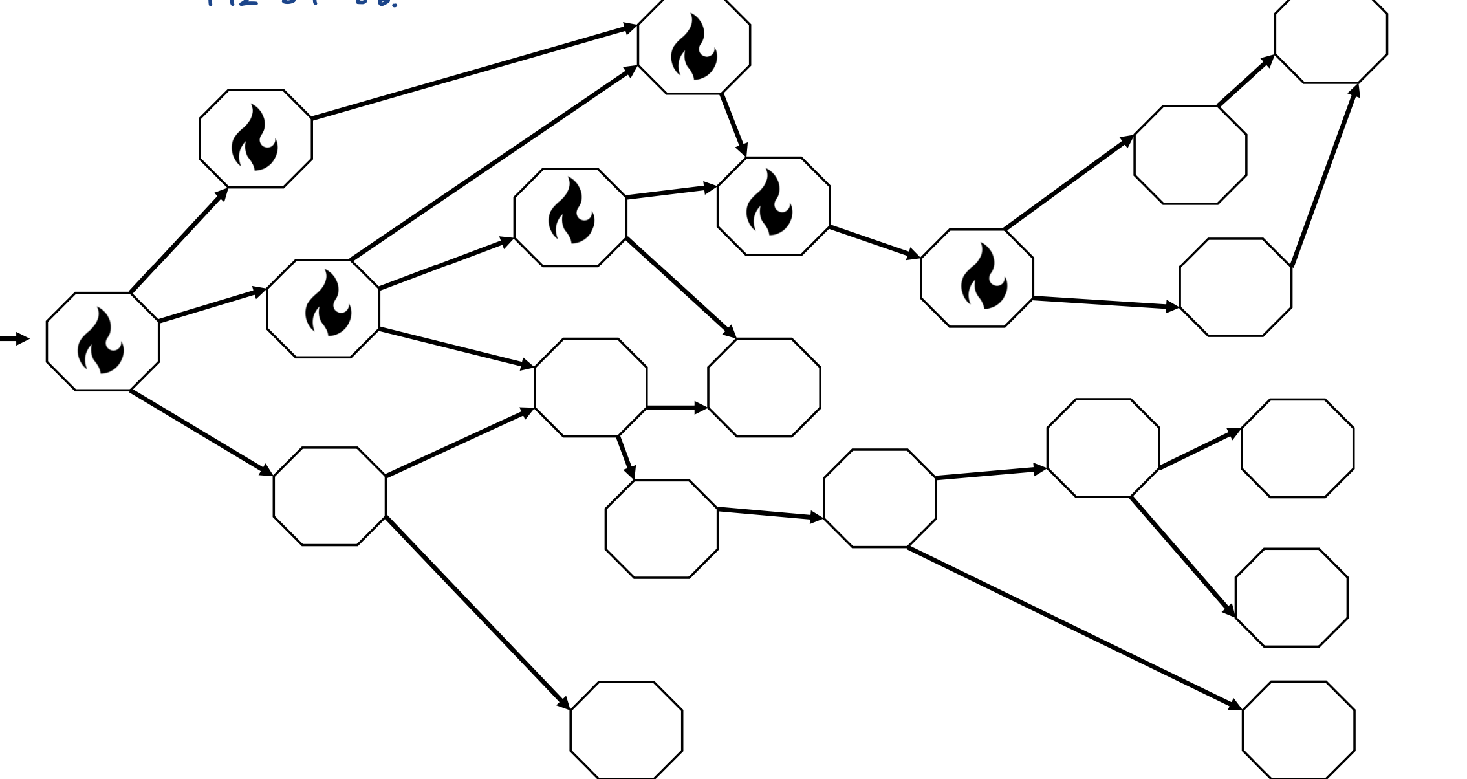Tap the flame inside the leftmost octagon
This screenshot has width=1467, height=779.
100,341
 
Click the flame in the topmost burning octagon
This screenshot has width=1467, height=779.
693,47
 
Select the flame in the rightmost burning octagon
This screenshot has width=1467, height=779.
983,276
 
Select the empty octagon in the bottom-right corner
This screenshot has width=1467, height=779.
1298,730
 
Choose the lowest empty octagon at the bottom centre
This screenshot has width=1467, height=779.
626,730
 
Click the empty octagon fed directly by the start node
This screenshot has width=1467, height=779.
330,496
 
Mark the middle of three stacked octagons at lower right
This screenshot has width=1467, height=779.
1292,597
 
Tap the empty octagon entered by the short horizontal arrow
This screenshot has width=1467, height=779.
764,388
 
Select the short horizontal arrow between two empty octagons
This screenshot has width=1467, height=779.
677,408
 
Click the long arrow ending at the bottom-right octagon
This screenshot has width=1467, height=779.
1074,628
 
